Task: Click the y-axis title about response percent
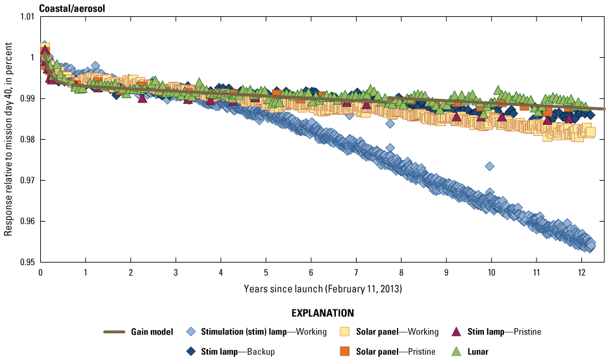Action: coord(8,138)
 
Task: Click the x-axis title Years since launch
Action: coord(323,287)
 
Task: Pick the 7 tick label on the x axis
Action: coord(356,272)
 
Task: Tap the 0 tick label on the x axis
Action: coord(40,272)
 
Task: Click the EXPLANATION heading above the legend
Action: coord(323,313)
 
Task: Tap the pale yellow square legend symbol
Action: coord(345,332)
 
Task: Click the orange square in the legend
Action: coord(345,352)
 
